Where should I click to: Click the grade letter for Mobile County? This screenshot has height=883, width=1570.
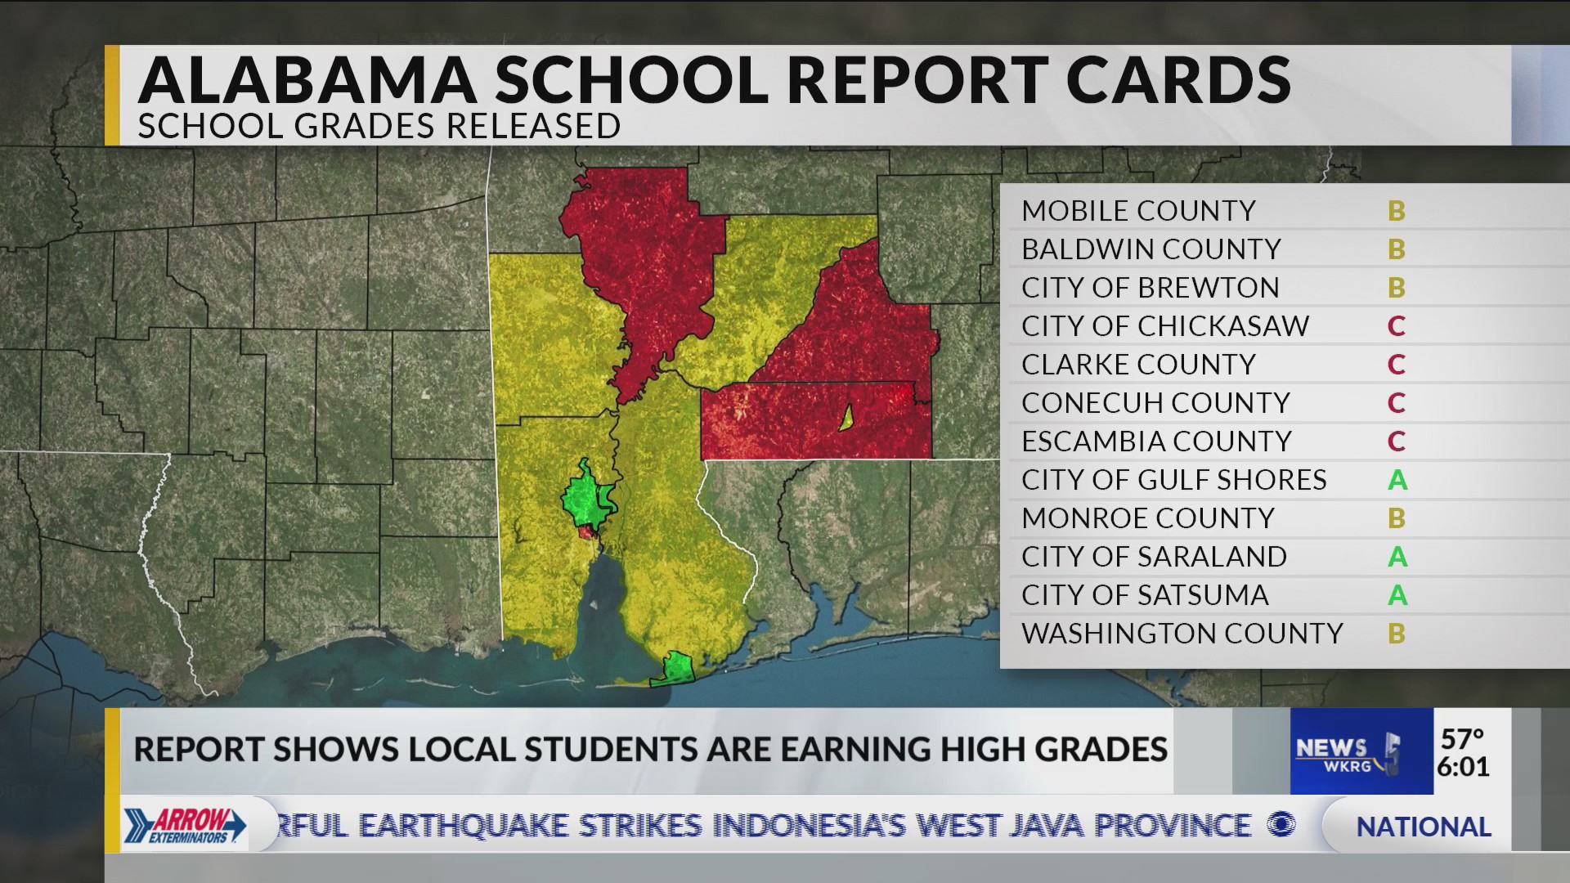1396,211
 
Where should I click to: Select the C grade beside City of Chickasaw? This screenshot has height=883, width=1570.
1396,326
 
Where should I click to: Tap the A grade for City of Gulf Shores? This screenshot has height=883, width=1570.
1397,480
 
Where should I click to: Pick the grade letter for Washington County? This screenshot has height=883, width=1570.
1396,634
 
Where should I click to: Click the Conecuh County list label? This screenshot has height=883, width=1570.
1155,403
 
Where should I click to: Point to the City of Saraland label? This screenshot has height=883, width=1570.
1154,557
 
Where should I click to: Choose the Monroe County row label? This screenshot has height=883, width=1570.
1147,518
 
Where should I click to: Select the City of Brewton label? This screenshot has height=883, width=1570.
1150,288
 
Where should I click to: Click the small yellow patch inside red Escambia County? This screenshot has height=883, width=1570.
846,419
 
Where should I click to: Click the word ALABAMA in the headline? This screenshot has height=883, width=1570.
307,80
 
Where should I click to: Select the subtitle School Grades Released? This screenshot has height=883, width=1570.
379,127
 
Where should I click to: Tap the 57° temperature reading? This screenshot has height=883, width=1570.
1462,738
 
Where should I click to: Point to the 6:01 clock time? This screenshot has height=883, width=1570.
1462,767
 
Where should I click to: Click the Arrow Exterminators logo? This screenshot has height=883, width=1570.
186,824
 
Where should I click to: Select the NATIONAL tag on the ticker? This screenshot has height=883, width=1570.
1423,827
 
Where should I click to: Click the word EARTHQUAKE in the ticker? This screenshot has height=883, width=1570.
464,826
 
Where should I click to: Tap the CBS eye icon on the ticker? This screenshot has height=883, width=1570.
1281,826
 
